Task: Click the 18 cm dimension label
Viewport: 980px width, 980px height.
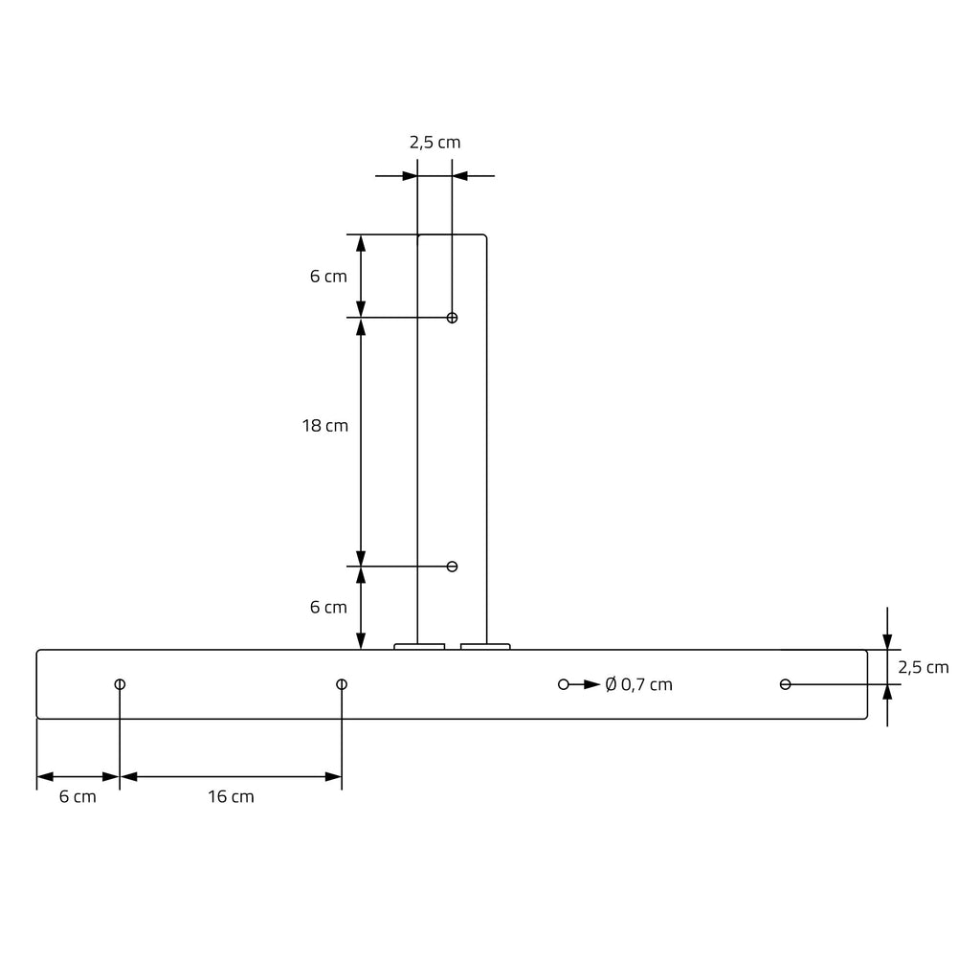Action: click(325, 426)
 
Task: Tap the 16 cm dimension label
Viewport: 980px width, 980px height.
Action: click(231, 797)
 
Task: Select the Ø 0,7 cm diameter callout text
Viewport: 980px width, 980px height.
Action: click(638, 684)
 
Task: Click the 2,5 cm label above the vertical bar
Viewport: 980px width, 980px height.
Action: click(435, 143)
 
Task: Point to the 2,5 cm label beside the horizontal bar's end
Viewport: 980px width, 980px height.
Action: click(924, 667)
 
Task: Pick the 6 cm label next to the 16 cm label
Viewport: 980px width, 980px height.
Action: click(78, 797)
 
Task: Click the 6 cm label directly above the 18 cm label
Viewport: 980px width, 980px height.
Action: click(328, 277)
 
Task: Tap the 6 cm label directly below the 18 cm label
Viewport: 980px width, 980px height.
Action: click(328, 607)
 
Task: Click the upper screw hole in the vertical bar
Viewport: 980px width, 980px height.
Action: click(452, 318)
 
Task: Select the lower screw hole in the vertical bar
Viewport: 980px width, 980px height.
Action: click(452, 567)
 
